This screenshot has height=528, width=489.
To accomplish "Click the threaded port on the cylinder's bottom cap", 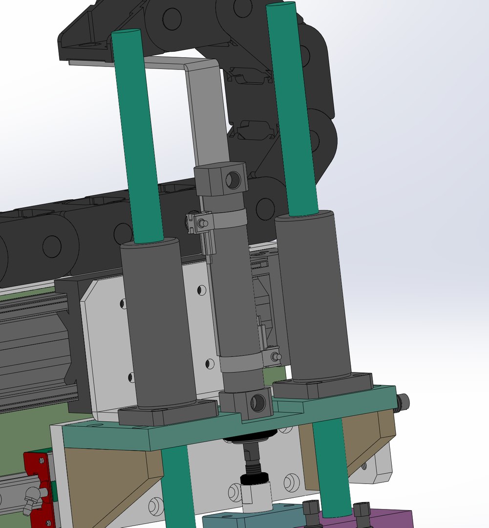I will click(257, 403).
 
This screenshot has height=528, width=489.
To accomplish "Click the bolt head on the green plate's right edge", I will click(404, 402).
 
